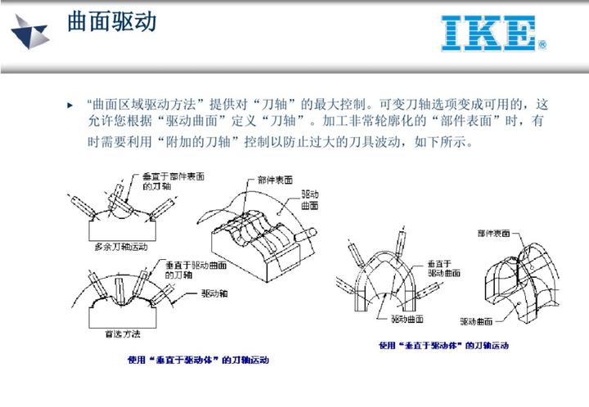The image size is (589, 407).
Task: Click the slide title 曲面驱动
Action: [x=111, y=22]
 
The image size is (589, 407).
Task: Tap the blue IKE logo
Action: [x=488, y=34]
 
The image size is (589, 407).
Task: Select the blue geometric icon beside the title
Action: [x=29, y=30]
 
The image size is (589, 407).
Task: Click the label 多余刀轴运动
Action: [x=114, y=245]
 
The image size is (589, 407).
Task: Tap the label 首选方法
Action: [x=123, y=333]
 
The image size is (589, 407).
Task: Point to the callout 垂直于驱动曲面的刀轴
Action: [x=194, y=270]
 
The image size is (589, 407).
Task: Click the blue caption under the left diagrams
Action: [x=198, y=359]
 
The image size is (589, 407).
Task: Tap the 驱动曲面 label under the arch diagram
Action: [x=406, y=317]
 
